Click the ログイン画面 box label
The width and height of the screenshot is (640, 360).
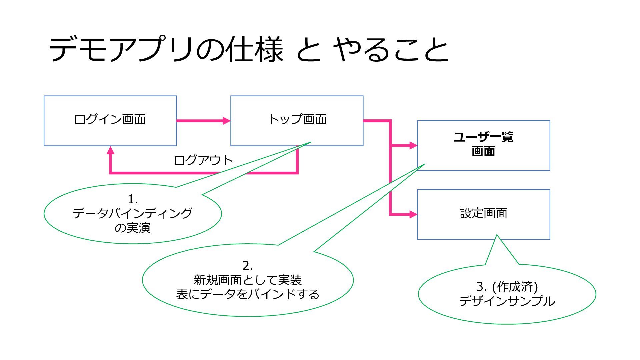(110, 119)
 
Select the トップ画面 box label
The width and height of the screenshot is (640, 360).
(297, 119)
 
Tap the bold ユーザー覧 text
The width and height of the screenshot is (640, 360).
(483, 137)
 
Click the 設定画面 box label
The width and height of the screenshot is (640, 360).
(484, 213)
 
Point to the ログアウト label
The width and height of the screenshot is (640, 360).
(203, 160)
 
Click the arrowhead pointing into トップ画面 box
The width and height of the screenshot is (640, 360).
(227, 121)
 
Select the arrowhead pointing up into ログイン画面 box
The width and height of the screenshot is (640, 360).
(111, 150)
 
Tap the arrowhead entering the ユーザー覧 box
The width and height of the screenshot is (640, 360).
(413, 145)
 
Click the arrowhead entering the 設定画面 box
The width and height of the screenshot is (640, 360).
(413, 214)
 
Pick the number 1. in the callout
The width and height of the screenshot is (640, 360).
(133, 199)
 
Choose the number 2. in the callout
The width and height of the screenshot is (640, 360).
(248, 266)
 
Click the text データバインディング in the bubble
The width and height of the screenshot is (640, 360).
(133, 213)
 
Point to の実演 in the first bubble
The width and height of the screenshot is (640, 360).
(133, 228)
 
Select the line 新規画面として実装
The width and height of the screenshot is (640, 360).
(248, 280)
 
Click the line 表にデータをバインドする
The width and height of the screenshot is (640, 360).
(248, 294)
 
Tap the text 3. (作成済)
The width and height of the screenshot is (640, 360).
(507, 286)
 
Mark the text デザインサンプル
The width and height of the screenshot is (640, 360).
(507, 301)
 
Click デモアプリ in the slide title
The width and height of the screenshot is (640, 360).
(122, 49)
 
